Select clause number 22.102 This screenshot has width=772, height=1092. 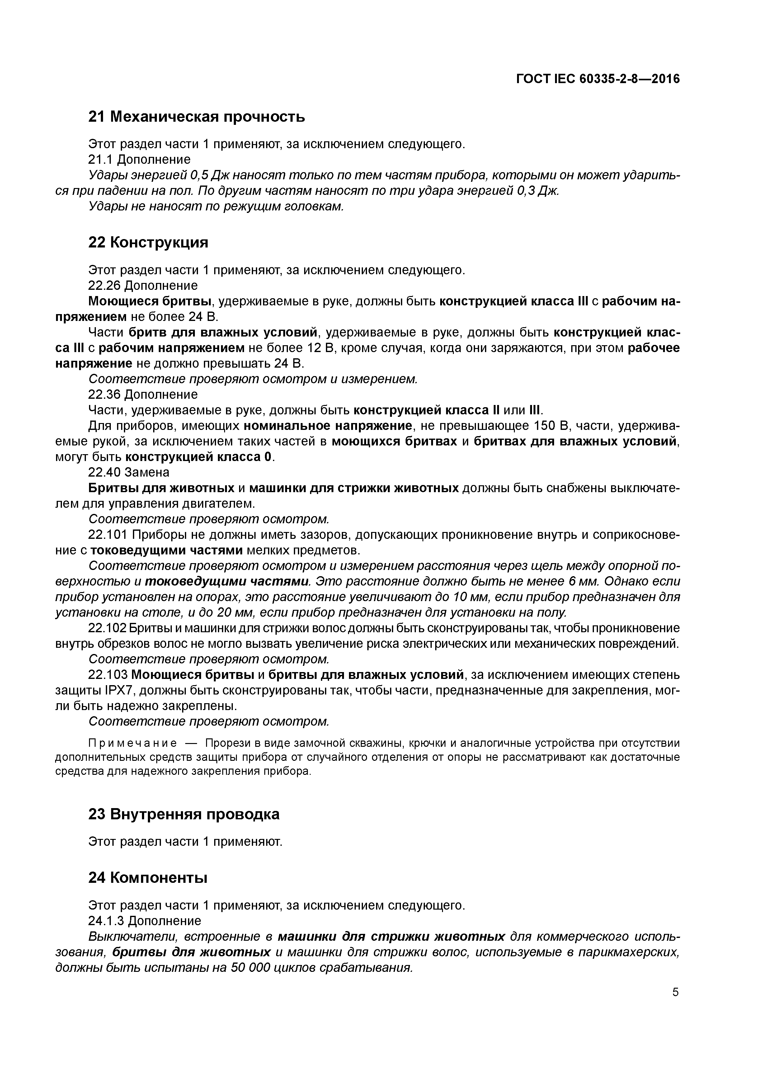tap(108, 628)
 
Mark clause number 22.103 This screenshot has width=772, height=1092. tap(108, 675)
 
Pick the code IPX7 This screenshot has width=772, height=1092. tap(88, 690)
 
